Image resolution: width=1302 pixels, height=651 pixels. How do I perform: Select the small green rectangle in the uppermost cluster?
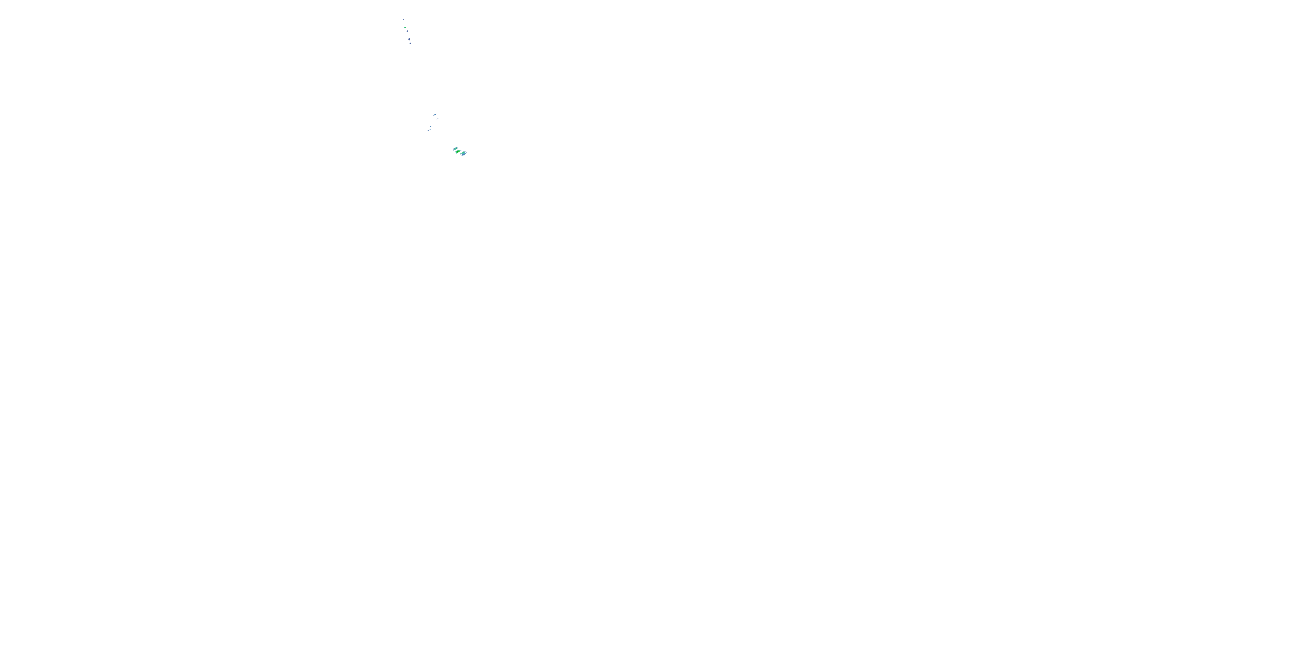[x=405, y=28]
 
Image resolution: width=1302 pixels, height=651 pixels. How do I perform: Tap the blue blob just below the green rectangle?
[x=408, y=31]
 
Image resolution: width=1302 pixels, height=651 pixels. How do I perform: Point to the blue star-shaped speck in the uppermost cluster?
[x=409, y=39]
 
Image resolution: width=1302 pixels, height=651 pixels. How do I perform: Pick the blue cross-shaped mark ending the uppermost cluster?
[x=411, y=43]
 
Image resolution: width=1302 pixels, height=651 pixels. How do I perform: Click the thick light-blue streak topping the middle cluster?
[x=435, y=115]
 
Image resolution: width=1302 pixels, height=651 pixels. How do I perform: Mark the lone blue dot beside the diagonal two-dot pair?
[x=438, y=118]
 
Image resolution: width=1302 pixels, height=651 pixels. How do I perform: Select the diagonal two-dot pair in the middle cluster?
[x=437, y=119]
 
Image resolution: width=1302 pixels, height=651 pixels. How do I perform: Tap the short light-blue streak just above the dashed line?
[x=430, y=127]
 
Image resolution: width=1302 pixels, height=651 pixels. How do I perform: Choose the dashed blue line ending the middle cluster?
[x=429, y=130]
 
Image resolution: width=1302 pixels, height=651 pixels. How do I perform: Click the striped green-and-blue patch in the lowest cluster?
[x=455, y=148]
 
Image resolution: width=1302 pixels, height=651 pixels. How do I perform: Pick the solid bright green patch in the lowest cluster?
[x=458, y=151]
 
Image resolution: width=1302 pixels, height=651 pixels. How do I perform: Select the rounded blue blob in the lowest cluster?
[x=464, y=154]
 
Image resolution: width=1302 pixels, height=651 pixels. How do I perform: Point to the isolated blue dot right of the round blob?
[x=467, y=153]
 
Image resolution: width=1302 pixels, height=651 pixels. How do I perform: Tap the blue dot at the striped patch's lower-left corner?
[x=454, y=151]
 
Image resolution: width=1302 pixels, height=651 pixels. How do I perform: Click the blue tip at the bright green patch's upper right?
[x=461, y=151]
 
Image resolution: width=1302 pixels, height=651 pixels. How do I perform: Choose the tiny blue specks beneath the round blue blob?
[x=462, y=156]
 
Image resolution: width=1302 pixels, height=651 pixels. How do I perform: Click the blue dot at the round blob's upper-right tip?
[x=466, y=151]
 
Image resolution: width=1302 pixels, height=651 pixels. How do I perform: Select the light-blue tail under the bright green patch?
[x=457, y=154]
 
